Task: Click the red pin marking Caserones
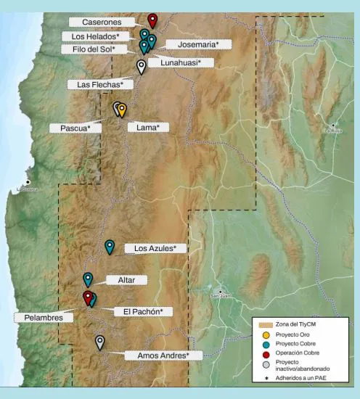(x=152, y=20)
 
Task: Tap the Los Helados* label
(x=91, y=36)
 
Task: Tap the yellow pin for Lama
(x=122, y=110)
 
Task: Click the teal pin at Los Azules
(x=110, y=246)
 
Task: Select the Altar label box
(x=116, y=279)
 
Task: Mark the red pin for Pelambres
(x=88, y=297)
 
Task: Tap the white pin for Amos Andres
(x=100, y=342)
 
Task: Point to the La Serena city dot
(x=28, y=182)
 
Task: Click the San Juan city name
(x=220, y=296)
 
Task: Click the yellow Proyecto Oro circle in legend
(x=266, y=334)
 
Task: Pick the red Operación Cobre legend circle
(x=266, y=355)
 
